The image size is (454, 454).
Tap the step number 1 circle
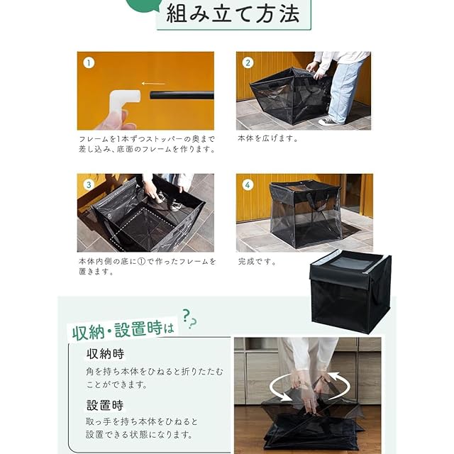pyautogui.click(x=89, y=63)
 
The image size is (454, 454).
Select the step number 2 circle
pyautogui.click(x=248, y=63)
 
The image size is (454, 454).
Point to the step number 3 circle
pyautogui.click(x=89, y=184)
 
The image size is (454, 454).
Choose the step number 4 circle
pyautogui.click(x=248, y=184)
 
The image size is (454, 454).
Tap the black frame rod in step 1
pyautogui.click(x=182, y=95)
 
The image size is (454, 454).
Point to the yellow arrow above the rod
pyautogui.click(x=153, y=84)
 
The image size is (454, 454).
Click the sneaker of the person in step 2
pyautogui.click(x=328, y=121)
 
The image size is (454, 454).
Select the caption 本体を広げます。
pyautogui.click(x=268, y=139)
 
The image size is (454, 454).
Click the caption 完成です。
pyautogui.click(x=257, y=262)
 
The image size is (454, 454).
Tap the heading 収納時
pyautogui.click(x=105, y=354)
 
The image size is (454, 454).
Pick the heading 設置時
pyautogui.click(x=105, y=405)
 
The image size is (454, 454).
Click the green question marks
pyautogui.click(x=189, y=319)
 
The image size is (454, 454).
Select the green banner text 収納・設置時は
pyautogui.click(x=123, y=330)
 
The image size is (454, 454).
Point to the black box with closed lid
pyautogui.click(x=350, y=292)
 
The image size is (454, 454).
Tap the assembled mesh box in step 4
pyautogui.click(x=306, y=214)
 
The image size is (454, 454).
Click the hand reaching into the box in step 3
pyautogui.click(x=150, y=191)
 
